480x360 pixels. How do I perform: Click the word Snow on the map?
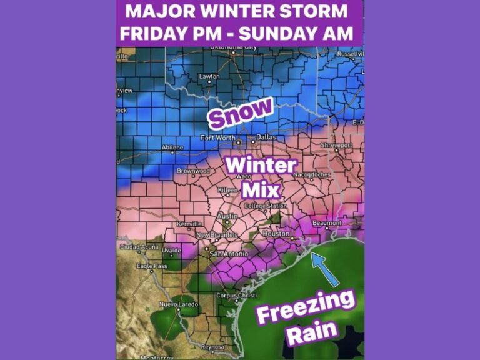[x=241, y=113]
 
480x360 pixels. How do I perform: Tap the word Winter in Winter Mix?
[x=261, y=166]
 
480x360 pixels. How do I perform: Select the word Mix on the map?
[x=260, y=188]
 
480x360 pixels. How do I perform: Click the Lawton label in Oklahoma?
[x=209, y=76]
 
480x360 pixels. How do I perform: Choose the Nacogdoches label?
[x=309, y=174]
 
